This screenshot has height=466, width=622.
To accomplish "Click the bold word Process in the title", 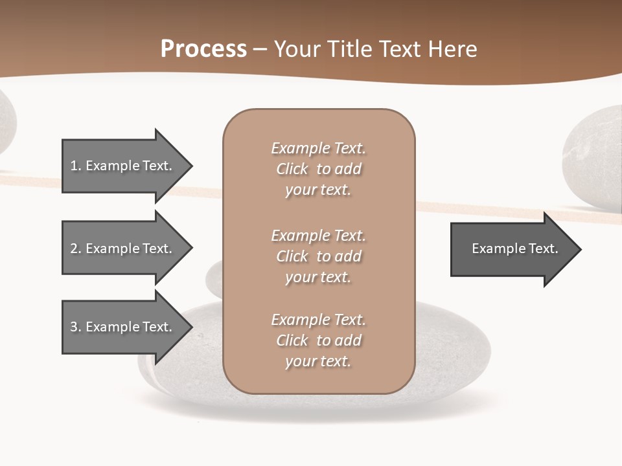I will coord(203,49).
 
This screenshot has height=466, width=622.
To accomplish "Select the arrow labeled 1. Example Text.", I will coord(121,166).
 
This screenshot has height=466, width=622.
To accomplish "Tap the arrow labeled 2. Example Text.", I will coord(121,249).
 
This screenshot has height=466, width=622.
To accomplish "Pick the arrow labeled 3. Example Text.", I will coord(121,327).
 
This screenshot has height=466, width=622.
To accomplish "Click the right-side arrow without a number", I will coord(512,249).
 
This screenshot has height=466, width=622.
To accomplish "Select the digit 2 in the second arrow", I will coord(74,249).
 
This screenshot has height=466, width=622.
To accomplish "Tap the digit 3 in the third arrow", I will coord(74,327).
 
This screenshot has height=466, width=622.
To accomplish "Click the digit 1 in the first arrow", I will coord(74,166).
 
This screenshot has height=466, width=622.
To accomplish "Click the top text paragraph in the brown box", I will coord(318,169).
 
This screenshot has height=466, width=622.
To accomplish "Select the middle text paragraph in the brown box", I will coord(318,256).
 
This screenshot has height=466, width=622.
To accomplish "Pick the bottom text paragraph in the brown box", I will coord(318,340).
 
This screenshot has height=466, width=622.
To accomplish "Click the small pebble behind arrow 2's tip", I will coord(214,279).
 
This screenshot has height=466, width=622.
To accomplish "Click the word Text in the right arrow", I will coord(543,249).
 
